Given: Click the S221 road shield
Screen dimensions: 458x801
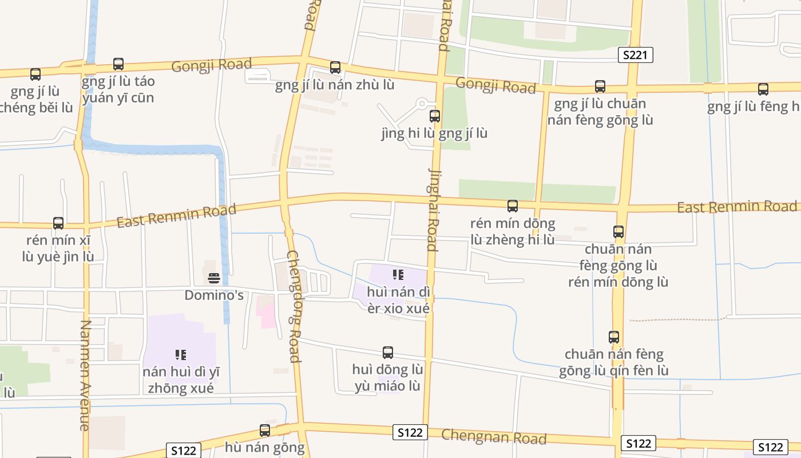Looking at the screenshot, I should click(x=636, y=55).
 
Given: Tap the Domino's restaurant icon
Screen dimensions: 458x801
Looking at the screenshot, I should click(x=214, y=279).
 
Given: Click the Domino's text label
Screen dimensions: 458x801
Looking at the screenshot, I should click(x=214, y=295).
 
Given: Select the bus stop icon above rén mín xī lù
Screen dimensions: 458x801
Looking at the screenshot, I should click(x=58, y=223).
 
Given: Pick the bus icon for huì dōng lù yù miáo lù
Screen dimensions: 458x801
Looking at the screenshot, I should click(x=388, y=353).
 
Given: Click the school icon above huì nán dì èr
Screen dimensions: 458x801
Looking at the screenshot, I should click(x=398, y=275).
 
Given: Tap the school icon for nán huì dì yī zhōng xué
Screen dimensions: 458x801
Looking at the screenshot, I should click(x=181, y=355).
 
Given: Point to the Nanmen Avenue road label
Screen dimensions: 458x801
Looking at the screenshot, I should click(x=85, y=375).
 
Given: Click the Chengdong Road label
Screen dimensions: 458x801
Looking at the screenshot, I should click(x=294, y=306).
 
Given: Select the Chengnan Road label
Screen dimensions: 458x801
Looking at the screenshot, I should click(x=493, y=437).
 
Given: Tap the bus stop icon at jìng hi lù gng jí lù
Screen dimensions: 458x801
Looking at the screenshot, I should click(x=435, y=116).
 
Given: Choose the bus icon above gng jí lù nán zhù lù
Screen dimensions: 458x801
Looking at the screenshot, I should click(x=335, y=68).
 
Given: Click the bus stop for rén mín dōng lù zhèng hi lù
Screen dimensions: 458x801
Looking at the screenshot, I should click(x=513, y=206).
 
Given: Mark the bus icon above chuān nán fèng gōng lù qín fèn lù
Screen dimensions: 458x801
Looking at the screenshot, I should click(x=614, y=337).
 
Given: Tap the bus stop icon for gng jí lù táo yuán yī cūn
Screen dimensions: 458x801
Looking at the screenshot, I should click(x=118, y=64).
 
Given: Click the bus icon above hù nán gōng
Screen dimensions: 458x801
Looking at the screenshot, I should click(x=264, y=431).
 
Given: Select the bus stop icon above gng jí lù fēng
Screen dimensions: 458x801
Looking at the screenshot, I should click(x=763, y=89).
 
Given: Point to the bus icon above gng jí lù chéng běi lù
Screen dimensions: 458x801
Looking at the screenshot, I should click(x=35, y=74).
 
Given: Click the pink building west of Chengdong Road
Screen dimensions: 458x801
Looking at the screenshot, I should click(x=267, y=311).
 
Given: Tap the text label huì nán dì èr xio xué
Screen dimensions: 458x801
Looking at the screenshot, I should click(x=399, y=300).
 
